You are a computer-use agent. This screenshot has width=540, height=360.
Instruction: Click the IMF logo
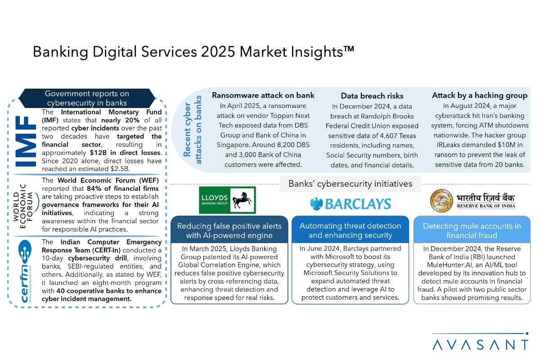click(26, 141)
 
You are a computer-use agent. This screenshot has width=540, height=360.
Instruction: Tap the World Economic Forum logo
click(26, 207)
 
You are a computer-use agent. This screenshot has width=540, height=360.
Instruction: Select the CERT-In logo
click(25, 271)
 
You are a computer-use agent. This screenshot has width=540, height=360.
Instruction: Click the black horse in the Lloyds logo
click(242, 200)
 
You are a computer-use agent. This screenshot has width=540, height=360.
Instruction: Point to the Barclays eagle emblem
click(316, 204)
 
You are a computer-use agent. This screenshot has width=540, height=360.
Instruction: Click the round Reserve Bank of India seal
click(441, 201)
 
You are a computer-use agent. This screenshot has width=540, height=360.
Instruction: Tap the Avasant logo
click(481, 342)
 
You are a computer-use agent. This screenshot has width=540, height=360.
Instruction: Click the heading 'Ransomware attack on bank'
click(263, 95)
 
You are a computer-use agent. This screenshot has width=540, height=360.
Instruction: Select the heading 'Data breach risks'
click(372, 96)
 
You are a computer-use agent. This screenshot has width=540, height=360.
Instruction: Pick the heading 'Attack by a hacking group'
click(480, 95)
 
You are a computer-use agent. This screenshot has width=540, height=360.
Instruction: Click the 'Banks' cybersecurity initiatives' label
click(350, 184)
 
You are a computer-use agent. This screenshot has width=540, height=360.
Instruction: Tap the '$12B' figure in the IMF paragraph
click(98, 153)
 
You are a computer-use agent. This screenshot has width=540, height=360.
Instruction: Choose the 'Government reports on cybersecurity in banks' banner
click(87, 99)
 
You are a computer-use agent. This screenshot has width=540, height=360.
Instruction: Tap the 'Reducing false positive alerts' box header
click(229, 230)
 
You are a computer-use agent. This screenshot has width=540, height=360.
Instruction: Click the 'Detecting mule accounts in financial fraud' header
click(472, 230)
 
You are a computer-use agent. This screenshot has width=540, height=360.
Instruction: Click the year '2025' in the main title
click(218, 52)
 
